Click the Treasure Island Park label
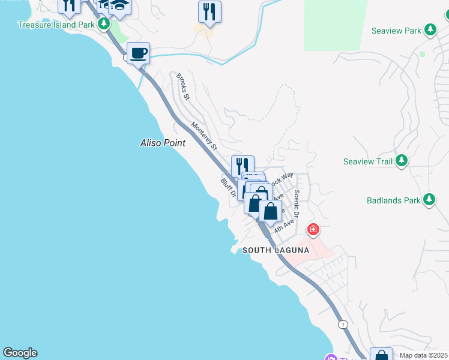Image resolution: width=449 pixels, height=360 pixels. click(x=55, y=25)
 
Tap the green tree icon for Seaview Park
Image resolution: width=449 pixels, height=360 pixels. click(x=430, y=30)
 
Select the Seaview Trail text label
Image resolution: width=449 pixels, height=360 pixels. click(x=368, y=161)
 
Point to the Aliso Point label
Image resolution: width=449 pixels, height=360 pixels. click(x=163, y=143)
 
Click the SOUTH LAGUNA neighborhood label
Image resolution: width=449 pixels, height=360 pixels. click(x=276, y=250)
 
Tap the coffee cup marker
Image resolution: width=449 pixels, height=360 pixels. click(x=138, y=53)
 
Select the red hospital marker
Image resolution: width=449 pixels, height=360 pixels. click(x=313, y=229)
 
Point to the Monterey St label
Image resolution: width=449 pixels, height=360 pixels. click(x=203, y=136)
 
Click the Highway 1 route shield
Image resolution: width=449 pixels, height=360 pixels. click(x=343, y=325)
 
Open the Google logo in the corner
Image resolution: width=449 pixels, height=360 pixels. click(x=20, y=353)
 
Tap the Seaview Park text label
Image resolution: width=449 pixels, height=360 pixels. click(x=397, y=30)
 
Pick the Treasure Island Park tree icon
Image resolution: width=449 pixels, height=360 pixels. click(x=104, y=25)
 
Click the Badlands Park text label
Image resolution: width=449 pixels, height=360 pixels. click(x=394, y=200)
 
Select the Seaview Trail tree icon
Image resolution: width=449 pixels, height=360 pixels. click(x=402, y=161)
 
